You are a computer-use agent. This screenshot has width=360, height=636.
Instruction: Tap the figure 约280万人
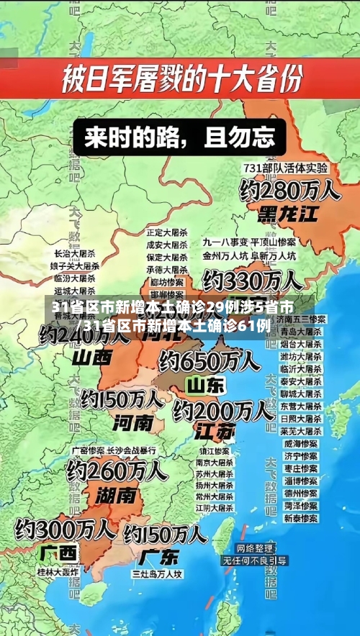tap(289, 190)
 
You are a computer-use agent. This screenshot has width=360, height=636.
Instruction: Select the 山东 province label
tap(206, 385)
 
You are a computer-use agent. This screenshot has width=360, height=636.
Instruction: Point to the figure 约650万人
tap(210, 360)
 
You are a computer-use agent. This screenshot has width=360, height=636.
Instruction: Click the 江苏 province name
tap(215, 431)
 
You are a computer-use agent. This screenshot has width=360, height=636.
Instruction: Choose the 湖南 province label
tap(116, 494)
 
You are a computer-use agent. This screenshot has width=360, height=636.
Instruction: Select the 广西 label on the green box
tap(59, 553)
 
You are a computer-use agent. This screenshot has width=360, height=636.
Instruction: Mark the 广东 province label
tap(160, 556)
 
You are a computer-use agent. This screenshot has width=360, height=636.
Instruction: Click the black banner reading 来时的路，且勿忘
tap(179, 138)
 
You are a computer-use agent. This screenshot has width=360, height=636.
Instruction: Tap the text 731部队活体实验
tap(286, 167)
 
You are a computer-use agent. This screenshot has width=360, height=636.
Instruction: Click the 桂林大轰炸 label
tap(58, 572)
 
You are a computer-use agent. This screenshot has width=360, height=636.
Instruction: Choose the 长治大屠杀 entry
tap(74, 254)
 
